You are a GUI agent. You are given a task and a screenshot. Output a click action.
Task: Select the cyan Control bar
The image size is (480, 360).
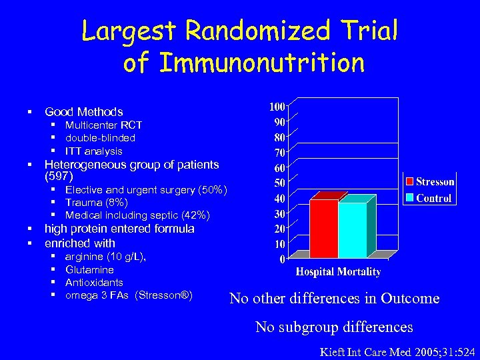(352, 230)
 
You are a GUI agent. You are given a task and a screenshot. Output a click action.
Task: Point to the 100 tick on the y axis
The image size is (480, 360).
(277, 107)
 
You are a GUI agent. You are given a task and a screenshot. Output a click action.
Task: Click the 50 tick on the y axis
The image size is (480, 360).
(279, 183)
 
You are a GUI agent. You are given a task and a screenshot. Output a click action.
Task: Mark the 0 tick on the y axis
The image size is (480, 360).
(282, 259)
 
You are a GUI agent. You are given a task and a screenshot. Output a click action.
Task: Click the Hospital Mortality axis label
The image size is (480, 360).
(338, 272)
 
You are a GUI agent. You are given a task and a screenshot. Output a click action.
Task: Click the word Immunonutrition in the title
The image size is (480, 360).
(244, 63)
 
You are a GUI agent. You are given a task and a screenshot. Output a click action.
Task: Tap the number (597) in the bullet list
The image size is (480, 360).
(58, 177)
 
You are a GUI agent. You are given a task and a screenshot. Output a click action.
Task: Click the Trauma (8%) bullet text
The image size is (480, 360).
(96, 203)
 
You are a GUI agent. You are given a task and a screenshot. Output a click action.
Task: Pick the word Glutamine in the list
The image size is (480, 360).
(89, 269)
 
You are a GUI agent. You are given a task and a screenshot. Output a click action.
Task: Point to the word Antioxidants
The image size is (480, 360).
(94, 282)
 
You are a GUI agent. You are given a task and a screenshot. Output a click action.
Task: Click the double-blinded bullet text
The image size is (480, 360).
(100, 138)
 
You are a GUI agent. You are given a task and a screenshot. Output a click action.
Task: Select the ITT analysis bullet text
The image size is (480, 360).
(94, 151)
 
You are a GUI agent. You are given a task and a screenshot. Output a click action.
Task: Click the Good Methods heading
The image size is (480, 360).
(83, 112)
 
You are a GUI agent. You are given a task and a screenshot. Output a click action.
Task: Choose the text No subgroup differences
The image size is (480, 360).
(335, 327)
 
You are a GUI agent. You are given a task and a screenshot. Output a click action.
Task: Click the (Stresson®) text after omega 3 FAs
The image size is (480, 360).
(163, 295)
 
